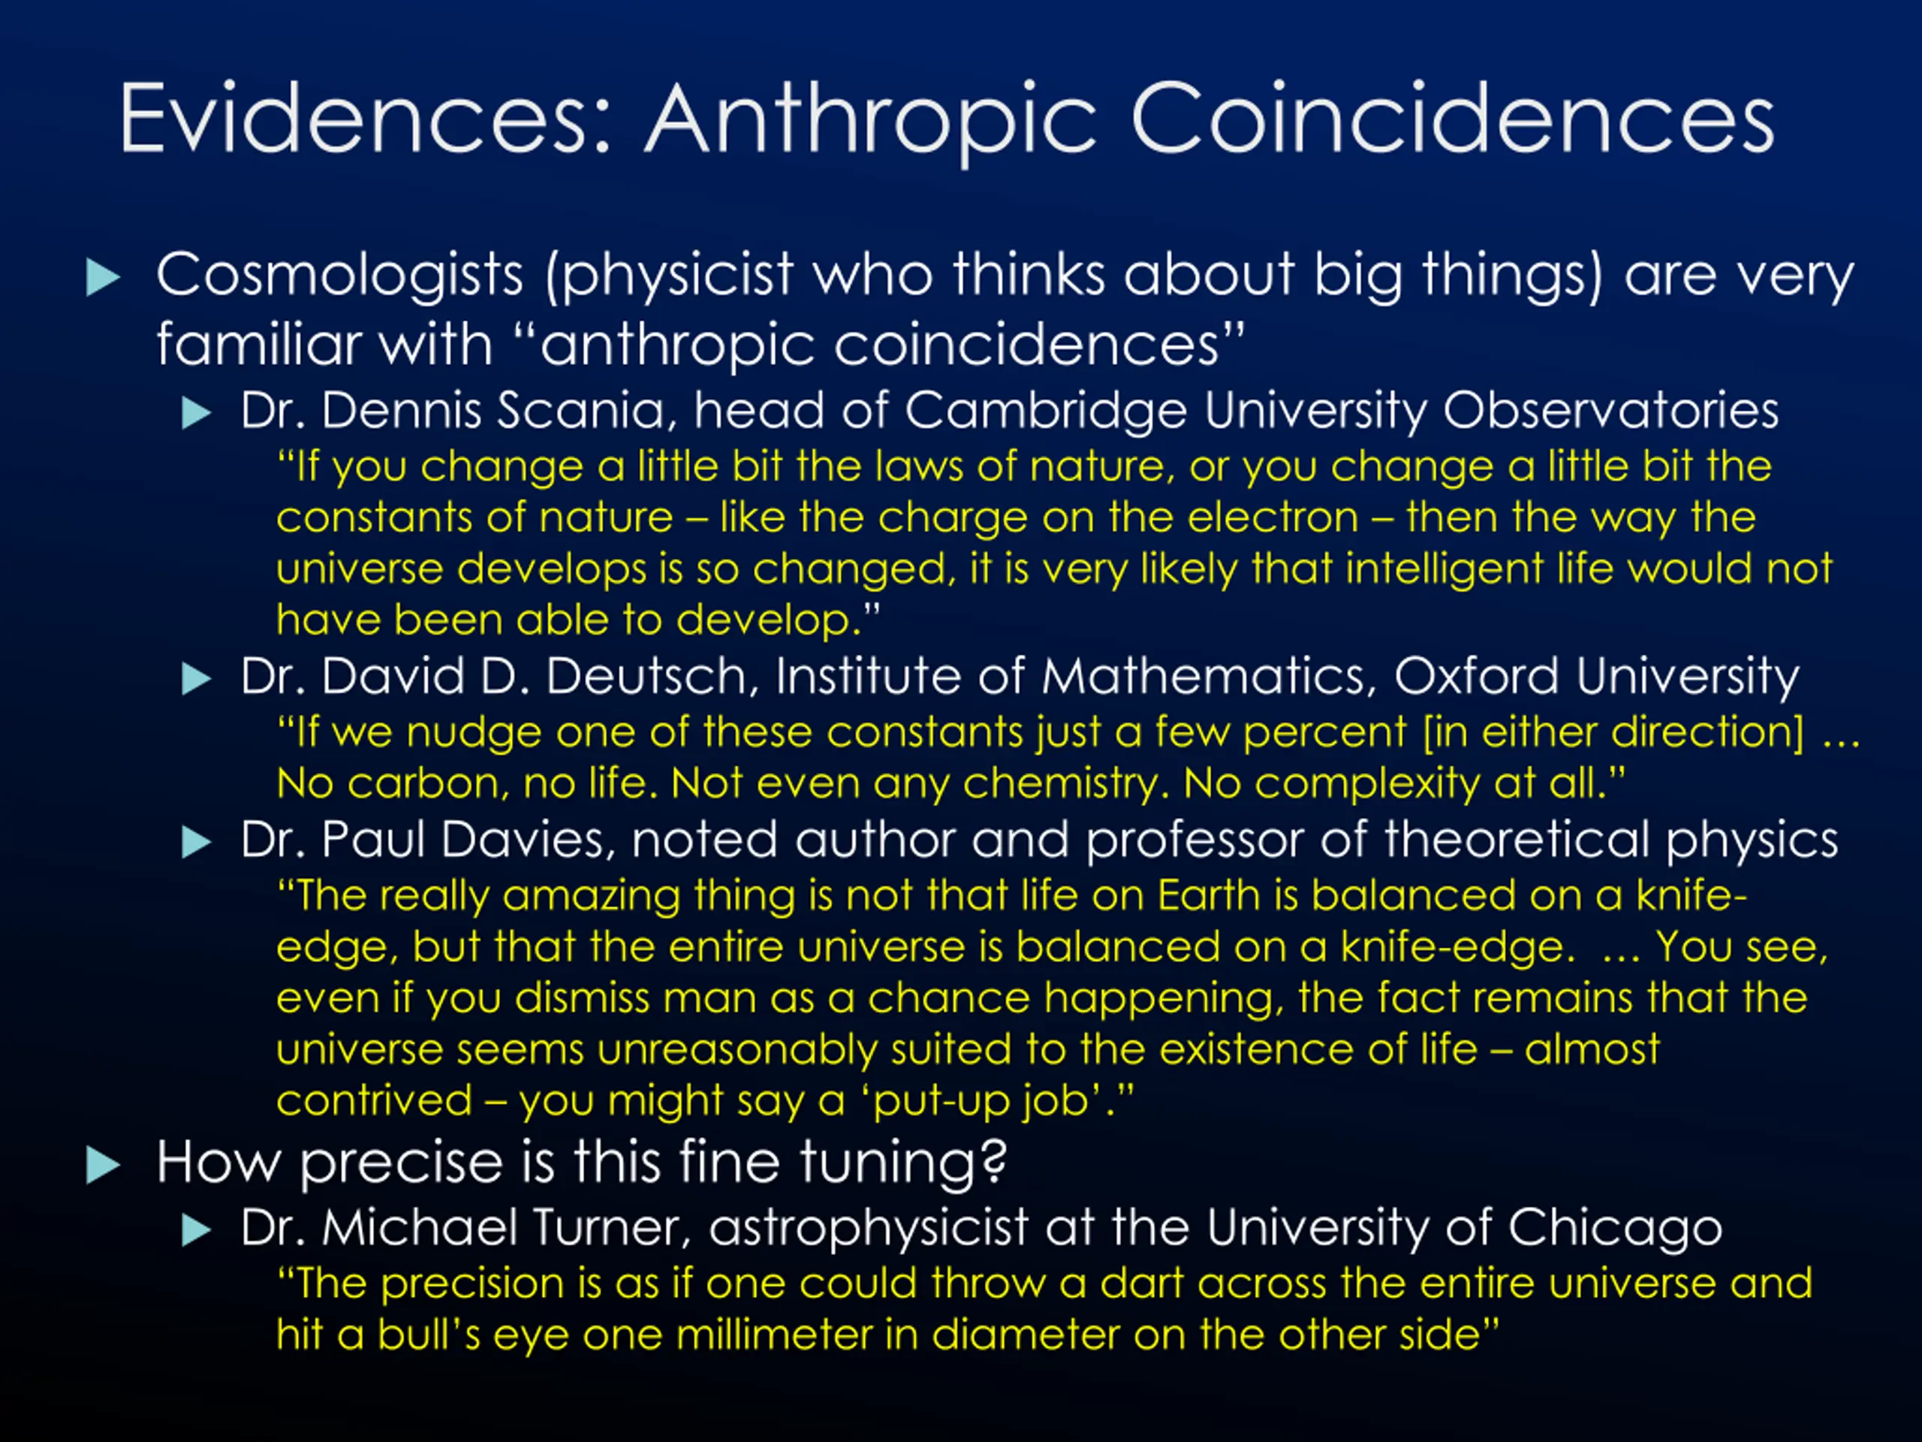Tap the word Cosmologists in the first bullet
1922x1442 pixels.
pos(340,276)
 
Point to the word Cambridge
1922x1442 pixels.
pos(1046,411)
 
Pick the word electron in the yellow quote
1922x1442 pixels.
pos(1273,518)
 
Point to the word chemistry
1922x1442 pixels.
pos(1061,786)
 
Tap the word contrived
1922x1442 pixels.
pos(375,1100)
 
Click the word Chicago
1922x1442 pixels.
pos(1615,1229)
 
